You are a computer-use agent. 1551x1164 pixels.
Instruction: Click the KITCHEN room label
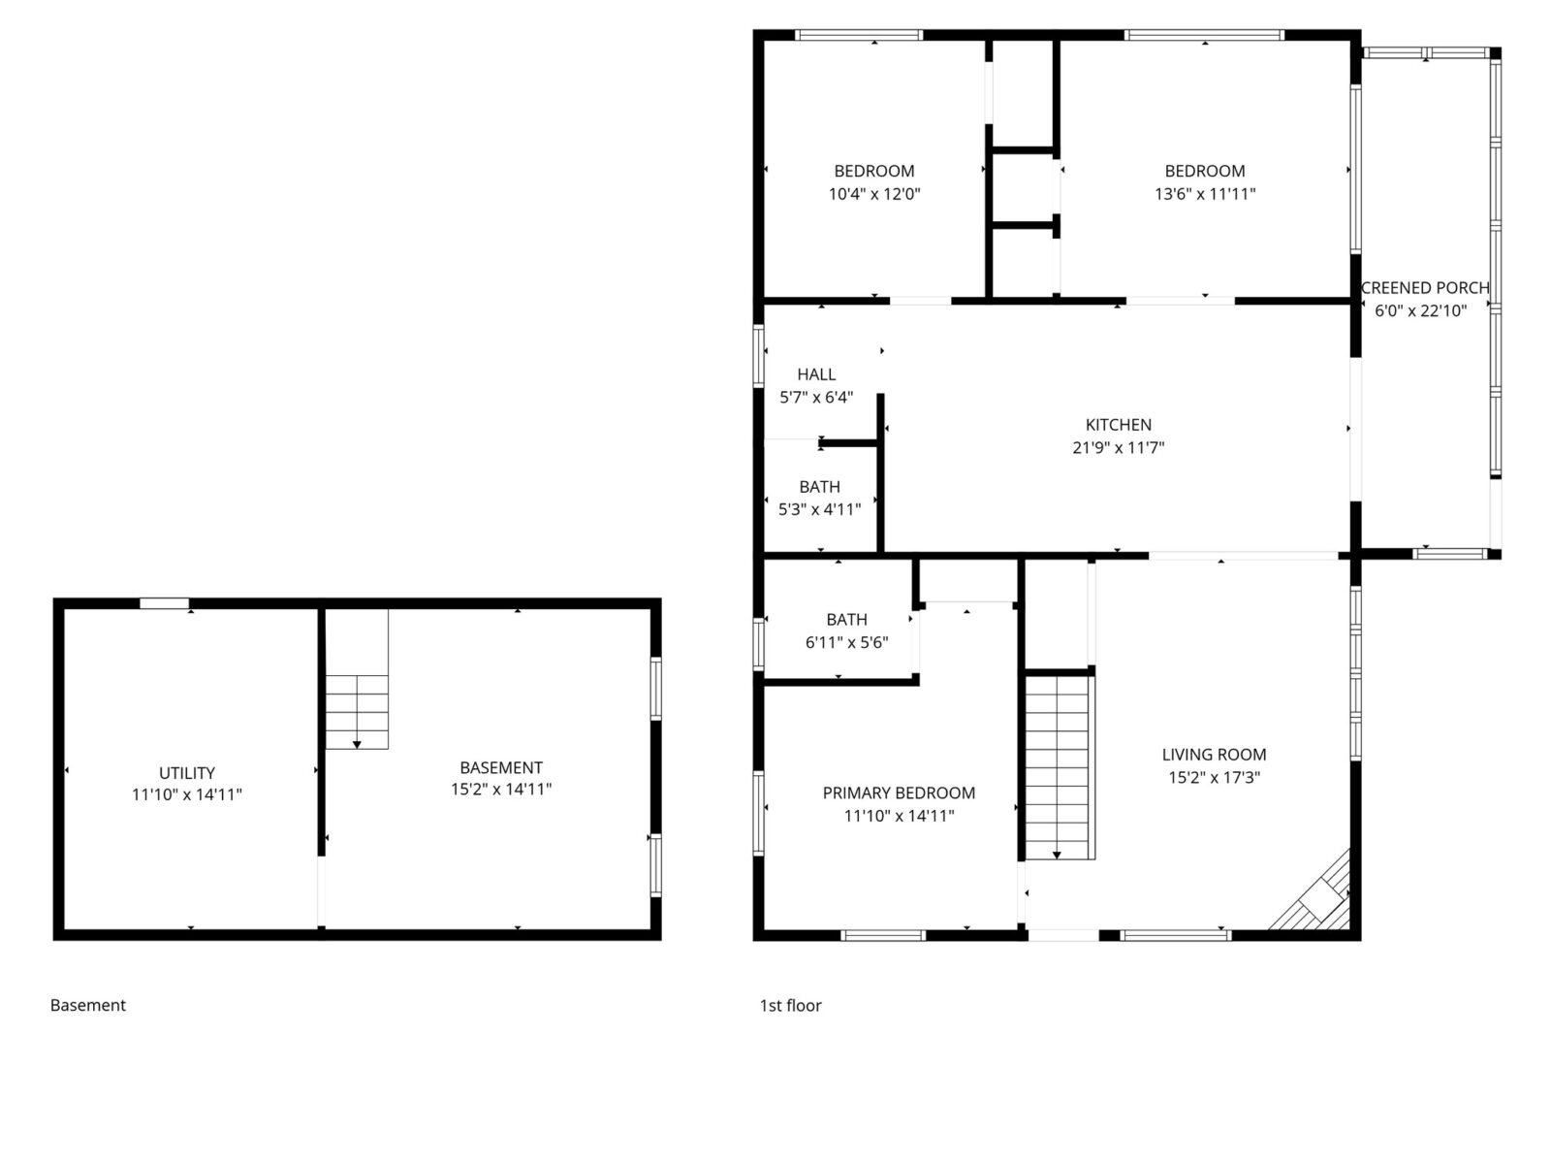pos(1118,425)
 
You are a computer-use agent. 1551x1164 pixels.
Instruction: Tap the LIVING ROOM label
pos(1214,754)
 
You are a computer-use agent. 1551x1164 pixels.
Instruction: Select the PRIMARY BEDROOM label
pos(899,792)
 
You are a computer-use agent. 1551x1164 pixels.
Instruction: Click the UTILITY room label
pos(187,773)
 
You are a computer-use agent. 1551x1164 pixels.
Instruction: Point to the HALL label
pos(816,373)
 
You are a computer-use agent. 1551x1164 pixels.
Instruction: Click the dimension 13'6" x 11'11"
pos(1205,194)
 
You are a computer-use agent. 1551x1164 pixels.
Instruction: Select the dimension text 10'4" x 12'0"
pos(873,194)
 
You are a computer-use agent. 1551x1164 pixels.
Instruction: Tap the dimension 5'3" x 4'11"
pos(819,508)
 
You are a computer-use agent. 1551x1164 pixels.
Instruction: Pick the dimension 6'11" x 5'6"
pos(846,642)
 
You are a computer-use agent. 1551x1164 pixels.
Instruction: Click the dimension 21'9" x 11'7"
pos(1118,448)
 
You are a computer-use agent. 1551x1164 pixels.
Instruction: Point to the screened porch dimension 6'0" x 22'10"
pos(1420,310)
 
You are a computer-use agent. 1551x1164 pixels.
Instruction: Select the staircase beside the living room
pos(1060,766)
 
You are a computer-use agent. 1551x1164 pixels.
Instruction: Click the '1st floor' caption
pos(790,1005)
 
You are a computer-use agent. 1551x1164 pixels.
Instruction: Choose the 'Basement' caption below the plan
pos(88,1005)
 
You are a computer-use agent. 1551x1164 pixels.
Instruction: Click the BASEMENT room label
pos(501,767)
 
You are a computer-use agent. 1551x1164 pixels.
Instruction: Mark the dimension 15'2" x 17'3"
pos(1214,777)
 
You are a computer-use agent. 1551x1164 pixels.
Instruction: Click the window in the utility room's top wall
pos(164,603)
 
